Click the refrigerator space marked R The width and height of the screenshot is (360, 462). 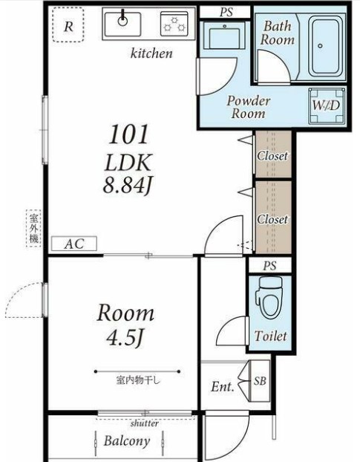click(x=68, y=25)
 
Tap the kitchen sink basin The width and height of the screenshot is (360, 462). click(x=123, y=24)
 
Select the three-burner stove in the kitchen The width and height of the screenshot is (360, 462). click(x=174, y=24)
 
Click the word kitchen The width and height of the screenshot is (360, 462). click(x=151, y=53)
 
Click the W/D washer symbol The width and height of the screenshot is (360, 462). click(x=326, y=105)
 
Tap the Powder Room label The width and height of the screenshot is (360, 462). click(x=249, y=107)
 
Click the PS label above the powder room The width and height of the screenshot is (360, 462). click(x=226, y=12)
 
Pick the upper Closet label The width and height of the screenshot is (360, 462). click(x=272, y=155)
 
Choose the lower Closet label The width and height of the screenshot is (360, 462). click(x=272, y=219)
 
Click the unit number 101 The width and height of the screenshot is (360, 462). click(x=128, y=134)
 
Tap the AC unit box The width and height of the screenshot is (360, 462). click(x=74, y=244)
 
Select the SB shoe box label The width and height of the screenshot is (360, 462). click(x=260, y=381)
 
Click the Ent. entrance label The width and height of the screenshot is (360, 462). click(x=223, y=386)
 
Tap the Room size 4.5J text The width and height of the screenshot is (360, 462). click(x=125, y=338)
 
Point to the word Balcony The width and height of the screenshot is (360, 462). click(x=127, y=440)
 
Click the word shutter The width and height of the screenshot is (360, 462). click(x=145, y=423)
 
